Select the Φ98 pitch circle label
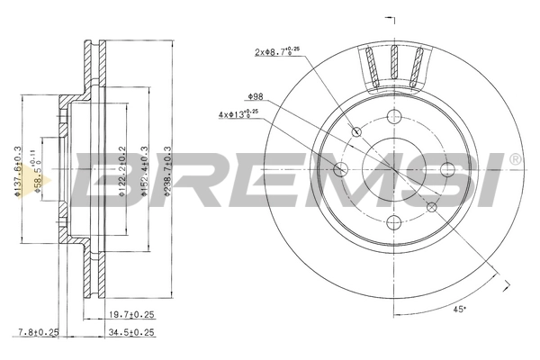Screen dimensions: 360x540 255,96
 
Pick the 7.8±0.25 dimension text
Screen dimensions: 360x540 38,331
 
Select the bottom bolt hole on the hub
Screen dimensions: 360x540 393,222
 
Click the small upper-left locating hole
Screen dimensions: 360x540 356,132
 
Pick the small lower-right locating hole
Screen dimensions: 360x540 431,207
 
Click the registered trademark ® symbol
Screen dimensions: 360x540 515,158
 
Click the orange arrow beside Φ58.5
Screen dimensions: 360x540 33,175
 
